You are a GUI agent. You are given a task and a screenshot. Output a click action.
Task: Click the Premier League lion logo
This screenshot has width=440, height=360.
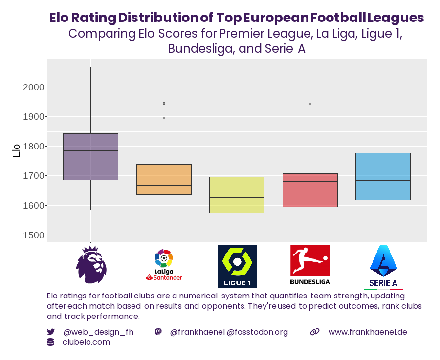pos(91,265)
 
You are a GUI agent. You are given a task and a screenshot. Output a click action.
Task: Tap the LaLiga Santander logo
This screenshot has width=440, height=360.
pos(164,265)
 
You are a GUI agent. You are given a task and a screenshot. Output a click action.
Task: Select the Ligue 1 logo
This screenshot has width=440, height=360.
pos(237,266)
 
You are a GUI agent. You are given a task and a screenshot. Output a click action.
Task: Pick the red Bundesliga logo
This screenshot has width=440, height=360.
pos(309,264)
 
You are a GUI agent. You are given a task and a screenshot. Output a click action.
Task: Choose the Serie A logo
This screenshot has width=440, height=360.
pos(383,266)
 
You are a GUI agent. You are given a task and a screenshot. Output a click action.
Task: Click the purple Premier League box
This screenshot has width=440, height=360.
pos(91,157)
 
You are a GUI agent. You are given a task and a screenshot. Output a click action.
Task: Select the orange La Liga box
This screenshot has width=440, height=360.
pos(164,179)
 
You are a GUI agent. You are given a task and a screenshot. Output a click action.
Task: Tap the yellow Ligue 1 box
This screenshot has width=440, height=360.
pos(237,195)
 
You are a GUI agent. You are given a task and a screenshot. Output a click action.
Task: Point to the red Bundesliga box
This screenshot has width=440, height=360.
pos(310,190)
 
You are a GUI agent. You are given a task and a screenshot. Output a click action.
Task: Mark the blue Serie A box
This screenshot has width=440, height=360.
pos(383,176)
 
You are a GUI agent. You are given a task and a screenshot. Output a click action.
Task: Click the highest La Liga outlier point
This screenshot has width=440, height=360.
pos(164,103)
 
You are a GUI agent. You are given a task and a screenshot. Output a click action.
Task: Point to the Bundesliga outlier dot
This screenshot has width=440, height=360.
pos(310,104)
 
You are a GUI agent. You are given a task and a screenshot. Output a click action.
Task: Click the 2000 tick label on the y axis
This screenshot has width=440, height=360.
pos(33,87)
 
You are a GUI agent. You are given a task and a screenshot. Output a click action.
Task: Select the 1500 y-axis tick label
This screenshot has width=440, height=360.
pos(33,235)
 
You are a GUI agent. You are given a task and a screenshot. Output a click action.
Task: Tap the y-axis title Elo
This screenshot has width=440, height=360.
pos(16,150)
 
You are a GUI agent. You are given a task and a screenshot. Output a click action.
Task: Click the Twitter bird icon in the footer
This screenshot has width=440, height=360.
pos(51,332)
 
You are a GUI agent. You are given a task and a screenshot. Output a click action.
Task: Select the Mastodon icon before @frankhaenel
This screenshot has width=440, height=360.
pos(158,332)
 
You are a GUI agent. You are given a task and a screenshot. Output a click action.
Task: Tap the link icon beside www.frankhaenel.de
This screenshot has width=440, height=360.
pos(315,332)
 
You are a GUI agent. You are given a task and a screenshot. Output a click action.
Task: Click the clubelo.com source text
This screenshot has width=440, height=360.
pos(86,342)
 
